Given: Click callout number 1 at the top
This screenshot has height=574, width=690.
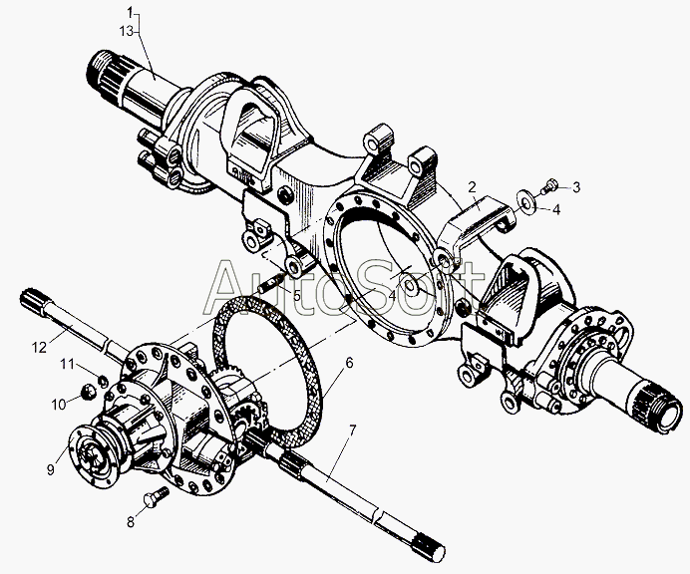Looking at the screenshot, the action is (130, 12).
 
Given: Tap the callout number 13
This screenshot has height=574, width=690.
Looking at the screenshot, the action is (126, 32).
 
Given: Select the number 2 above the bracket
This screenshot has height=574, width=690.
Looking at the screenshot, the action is (473, 187).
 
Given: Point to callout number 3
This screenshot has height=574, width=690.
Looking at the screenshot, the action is (576, 187).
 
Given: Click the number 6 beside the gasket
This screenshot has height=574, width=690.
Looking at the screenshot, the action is (349, 364).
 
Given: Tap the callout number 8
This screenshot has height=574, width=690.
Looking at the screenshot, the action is (131, 522).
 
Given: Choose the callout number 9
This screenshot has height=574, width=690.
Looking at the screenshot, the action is (51, 469).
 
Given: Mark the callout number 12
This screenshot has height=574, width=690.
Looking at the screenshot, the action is (39, 348).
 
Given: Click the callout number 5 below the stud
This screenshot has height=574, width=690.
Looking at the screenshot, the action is (296, 296).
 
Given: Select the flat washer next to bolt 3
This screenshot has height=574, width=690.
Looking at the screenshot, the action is (526, 198).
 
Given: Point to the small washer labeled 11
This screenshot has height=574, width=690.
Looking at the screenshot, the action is (103, 380).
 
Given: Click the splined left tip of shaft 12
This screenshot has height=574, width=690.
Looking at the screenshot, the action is (31, 300).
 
